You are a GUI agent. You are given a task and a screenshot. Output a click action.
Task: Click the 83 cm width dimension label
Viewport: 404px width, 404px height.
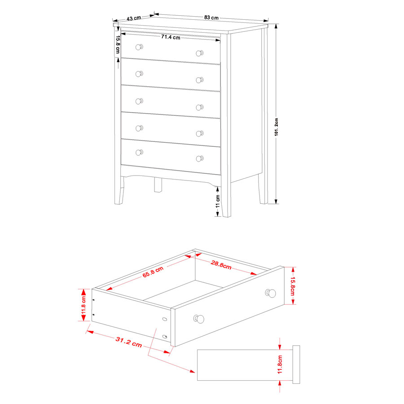point(211,18)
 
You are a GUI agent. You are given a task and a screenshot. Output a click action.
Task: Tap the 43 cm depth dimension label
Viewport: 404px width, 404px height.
point(134,18)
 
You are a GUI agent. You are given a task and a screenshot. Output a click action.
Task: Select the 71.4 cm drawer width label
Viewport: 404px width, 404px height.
point(171,37)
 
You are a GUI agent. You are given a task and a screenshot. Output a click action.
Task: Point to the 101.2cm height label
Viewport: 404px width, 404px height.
point(276,127)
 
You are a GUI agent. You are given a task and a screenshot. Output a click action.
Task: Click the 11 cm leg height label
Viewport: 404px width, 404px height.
point(218,201)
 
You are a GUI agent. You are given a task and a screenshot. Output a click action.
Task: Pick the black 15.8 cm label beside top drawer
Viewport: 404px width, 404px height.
point(118,44)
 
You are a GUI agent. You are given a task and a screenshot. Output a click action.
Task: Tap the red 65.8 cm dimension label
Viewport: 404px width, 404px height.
point(153,272)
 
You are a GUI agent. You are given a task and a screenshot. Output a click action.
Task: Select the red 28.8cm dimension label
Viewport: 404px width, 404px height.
point(221,264)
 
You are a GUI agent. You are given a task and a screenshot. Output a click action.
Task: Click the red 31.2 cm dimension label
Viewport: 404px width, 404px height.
point(129,342)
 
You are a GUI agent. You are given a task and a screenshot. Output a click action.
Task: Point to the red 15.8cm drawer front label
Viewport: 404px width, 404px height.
point(293,286)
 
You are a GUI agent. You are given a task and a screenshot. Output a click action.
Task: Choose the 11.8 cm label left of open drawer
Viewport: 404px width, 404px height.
point(83,305)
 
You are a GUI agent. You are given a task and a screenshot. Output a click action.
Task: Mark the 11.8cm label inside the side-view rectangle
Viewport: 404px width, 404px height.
point(280,364)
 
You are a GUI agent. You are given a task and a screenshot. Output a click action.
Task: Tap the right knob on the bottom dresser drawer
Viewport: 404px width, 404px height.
point(200,159)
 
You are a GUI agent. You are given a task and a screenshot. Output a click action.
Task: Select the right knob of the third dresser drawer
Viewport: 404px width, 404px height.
point(200,107)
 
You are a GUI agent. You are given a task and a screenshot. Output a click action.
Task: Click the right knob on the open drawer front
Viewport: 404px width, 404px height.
point(271,293)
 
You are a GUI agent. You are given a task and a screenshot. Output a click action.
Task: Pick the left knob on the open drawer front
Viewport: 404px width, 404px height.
point(199,319)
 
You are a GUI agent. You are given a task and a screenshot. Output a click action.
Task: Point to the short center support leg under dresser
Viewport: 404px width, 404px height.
point(158,185)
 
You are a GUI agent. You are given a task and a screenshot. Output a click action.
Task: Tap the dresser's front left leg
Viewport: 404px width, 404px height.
point(119,191)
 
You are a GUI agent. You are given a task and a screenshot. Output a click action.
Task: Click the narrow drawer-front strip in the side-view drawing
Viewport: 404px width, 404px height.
point(296,364)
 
